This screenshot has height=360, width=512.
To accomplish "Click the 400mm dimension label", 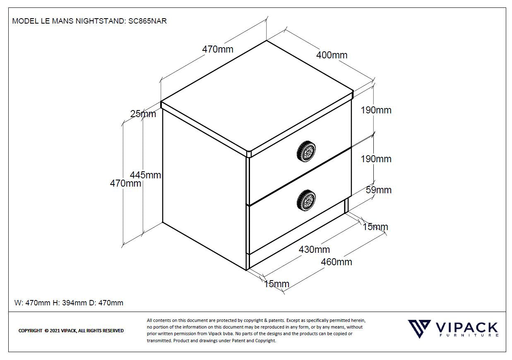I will click(332, 55).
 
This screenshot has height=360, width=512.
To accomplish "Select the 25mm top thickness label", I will click(143, 114).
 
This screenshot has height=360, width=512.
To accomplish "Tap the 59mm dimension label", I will click(378, 190).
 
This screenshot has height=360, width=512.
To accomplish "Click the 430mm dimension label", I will click(314, 250).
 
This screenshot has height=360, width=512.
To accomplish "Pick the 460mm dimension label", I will click(337, 262).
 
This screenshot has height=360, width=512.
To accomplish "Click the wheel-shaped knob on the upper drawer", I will click(306, 151).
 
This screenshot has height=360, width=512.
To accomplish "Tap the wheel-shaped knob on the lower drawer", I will click(306, 200).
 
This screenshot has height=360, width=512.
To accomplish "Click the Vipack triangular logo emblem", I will click(419, 329).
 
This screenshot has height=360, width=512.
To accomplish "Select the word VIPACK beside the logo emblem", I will click(467, 328).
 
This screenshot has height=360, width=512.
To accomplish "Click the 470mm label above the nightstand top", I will click(218, 49).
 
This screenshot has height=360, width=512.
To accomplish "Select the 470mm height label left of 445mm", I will click(125, 183).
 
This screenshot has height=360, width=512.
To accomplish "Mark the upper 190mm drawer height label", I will click(376, 110).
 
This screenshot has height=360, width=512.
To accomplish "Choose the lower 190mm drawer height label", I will click(376, 159).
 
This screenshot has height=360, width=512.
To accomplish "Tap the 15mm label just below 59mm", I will click(375, 227).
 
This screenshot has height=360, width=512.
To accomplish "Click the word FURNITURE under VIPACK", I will click(467, 336).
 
